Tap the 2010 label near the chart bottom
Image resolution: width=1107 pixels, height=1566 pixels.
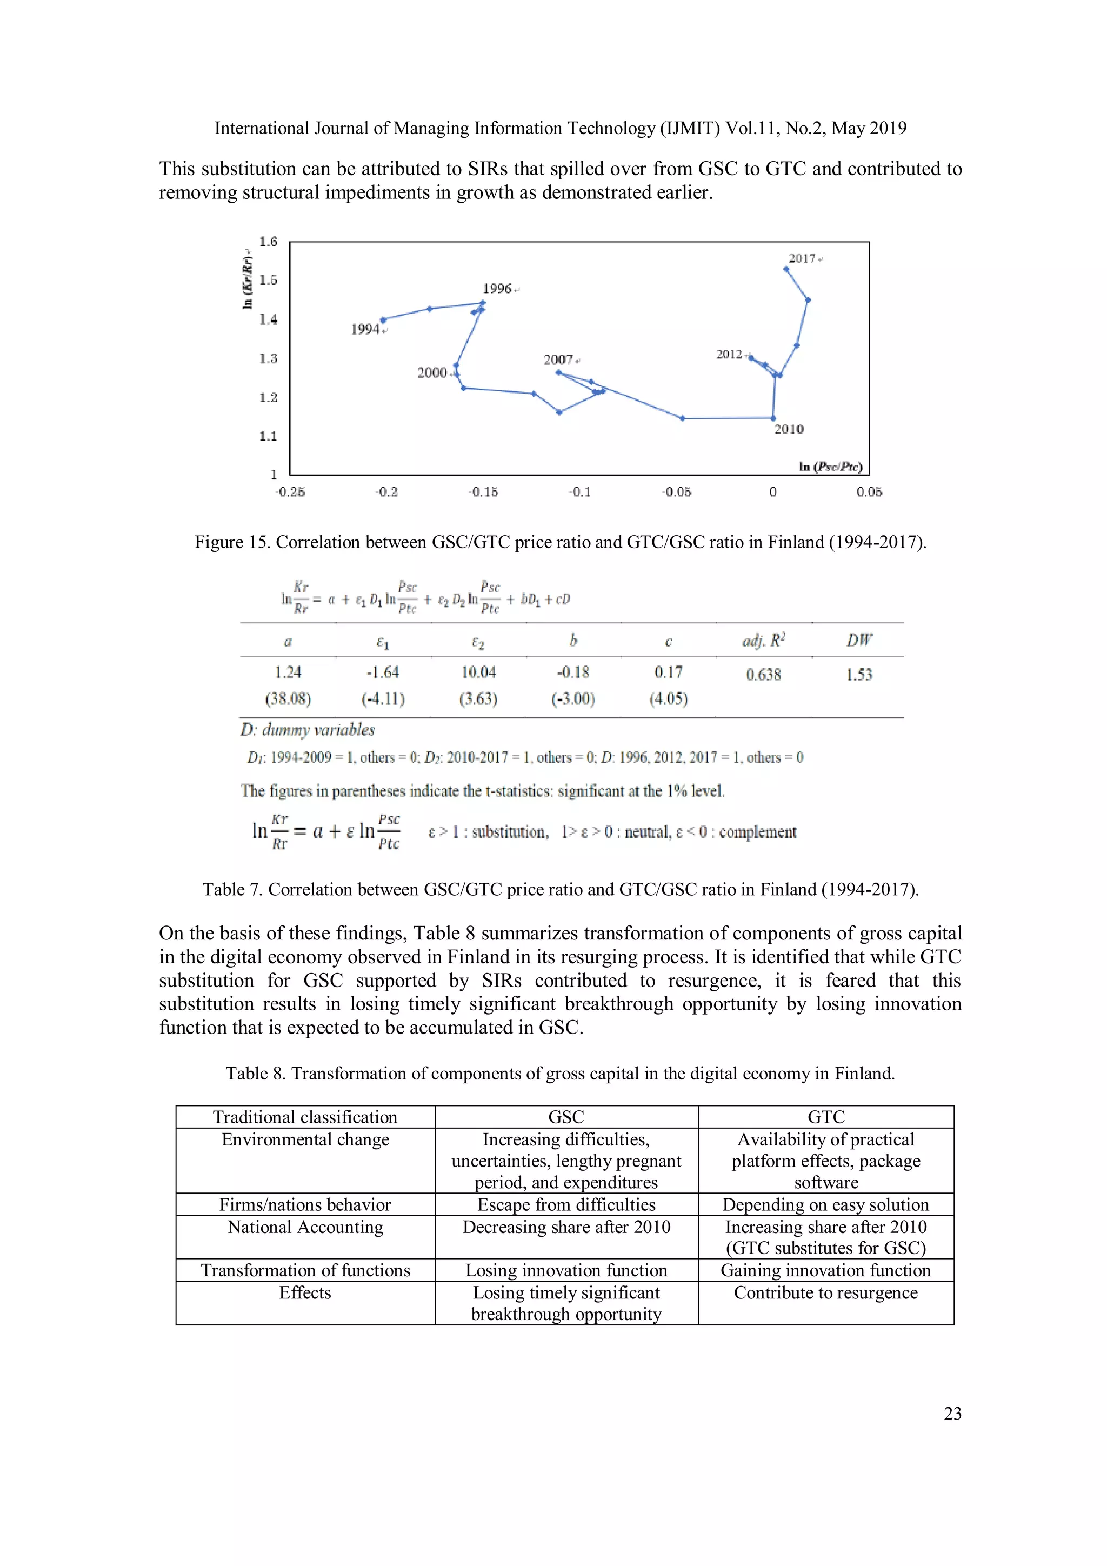(789, 429)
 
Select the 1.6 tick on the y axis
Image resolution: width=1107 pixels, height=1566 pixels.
(268, 242)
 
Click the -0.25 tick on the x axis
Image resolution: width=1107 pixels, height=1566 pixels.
(290, 492)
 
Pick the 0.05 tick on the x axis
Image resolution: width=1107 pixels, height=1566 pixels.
(869, 492)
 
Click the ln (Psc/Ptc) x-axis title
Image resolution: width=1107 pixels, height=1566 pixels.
(830, 467)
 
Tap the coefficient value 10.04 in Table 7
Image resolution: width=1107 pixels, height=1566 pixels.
(478, 672)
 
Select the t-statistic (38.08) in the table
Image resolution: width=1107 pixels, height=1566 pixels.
(288, 699)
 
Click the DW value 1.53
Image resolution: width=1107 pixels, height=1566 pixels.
(859, 675)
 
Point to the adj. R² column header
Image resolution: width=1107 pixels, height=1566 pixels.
(763, 641)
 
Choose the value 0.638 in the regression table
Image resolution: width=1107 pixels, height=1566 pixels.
(763, 675)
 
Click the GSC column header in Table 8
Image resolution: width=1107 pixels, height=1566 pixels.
(566, 1117)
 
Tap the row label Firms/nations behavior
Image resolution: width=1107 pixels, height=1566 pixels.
(305, 1204)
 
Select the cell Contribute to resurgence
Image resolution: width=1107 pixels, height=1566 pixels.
(825, 1292)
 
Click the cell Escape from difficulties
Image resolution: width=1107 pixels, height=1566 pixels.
(566, 1204)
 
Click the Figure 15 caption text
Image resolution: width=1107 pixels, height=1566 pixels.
(560, 542)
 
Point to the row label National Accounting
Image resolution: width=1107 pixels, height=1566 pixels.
(305, 1227)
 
